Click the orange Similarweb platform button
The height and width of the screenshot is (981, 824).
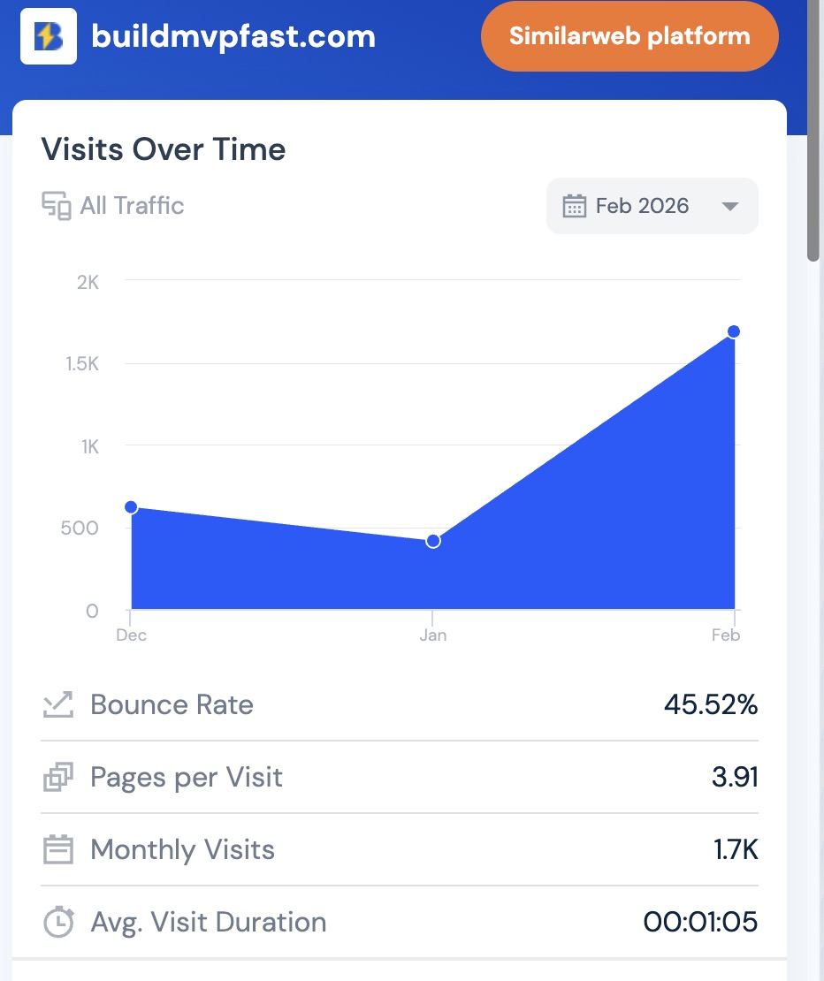pos(629,36)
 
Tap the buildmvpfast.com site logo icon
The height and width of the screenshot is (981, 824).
pos(49,36)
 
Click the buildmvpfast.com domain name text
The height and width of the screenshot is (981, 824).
pos(233,37)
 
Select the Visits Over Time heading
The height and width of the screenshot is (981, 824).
pos(164,149)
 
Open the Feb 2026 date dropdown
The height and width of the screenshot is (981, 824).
pos(652,207)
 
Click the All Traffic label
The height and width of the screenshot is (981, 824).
pos(132,206)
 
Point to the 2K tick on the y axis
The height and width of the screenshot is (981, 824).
pos(88,282)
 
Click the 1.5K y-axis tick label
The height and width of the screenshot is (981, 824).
pos(82,364)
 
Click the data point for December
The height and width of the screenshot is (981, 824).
pos(131,507)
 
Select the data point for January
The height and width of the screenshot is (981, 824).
pos(433,541)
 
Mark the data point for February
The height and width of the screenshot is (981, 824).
pos(734,331)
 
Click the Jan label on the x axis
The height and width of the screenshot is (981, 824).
pos(433,635)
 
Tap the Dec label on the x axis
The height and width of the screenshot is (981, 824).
pos(131,635)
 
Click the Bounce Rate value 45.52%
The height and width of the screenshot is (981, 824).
pos(711,704)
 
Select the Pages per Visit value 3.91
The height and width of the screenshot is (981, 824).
pos(735,777)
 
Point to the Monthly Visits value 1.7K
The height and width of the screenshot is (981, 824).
pos(736,849)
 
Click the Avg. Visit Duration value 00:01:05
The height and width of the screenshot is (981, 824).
pos(700,922)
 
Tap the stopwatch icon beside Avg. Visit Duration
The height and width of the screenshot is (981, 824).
pos(58,922)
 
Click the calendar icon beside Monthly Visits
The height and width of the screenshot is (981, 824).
pos(58,850)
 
